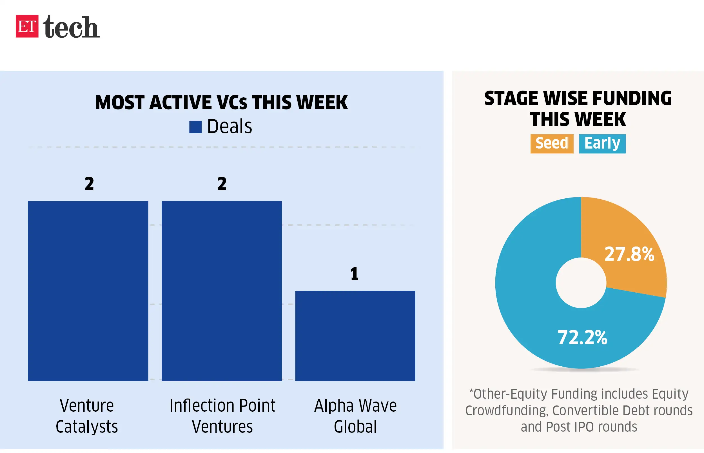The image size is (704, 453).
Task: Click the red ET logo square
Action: pyautogui.click(x=27, y=26)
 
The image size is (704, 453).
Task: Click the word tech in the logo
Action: pyautogui.click(x=71, y=27)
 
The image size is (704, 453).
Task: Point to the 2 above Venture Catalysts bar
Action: pyautogui.click(x=89, y=183)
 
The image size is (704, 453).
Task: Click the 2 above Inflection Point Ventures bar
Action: pyautogui.click(x=222, y=183)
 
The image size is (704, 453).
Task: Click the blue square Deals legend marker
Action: pyautogui.click(x=195, y=127)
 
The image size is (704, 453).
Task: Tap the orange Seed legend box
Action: pyautogui.click(x=552, y=143)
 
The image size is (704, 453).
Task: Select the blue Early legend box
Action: pyautogui.click(x=602, y=143)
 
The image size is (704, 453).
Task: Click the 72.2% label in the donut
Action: pyautogui.click(x=582, y=337)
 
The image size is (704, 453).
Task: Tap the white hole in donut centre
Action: pyautogui.click(x=581, y=283)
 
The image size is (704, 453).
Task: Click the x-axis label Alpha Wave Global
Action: pyautogui.click(x=355, y=416)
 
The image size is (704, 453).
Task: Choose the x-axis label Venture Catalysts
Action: pyautogui.click(x=87, y=416)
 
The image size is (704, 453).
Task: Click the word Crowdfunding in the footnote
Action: pyautogui.click(x=507, y=410)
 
